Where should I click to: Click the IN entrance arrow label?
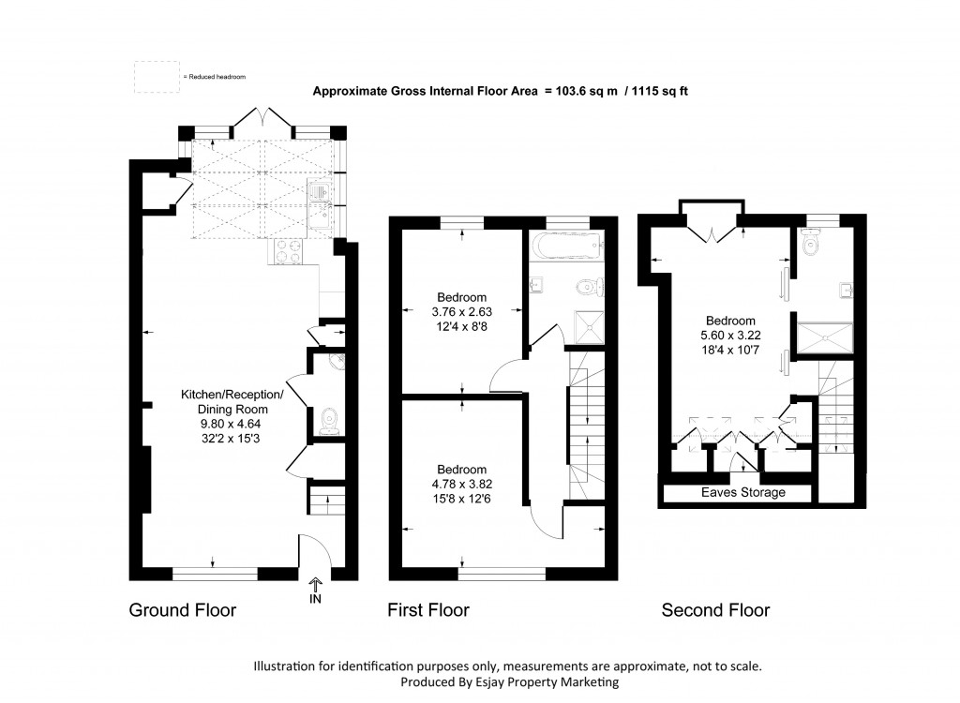314,598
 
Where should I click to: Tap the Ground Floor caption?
182,611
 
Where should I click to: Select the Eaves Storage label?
743,493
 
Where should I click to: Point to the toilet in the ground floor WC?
327,421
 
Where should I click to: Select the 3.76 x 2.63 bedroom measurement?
460,312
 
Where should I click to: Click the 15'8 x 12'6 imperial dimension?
460,498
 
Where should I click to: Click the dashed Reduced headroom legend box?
156,77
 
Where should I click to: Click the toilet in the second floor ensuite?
813,245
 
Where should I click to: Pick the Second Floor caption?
715,611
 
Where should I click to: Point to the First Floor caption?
428,611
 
